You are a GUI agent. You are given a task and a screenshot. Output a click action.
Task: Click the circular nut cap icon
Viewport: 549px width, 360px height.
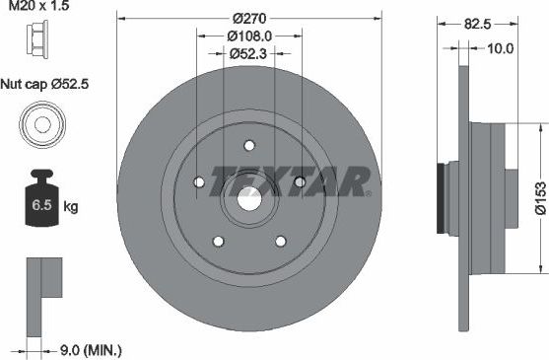click(x=39, y=125)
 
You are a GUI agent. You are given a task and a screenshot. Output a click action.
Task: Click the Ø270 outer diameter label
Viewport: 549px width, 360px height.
click(x=248, y=19)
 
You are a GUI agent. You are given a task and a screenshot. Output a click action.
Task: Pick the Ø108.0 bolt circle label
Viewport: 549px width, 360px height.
click(x=248, y=36)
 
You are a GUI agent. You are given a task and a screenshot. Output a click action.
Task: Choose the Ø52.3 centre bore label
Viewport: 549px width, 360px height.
click(x=248, y=54)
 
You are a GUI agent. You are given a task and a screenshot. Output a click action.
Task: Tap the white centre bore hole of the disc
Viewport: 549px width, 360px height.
click(x=248, y=196)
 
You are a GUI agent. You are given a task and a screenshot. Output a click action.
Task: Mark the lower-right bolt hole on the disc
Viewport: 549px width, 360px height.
click(x=280, y=240)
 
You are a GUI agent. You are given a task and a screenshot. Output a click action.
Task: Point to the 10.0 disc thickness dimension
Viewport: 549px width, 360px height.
click(x=503, y=46)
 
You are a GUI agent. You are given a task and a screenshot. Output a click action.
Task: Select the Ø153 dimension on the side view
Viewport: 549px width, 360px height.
click(x=539, y=199)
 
